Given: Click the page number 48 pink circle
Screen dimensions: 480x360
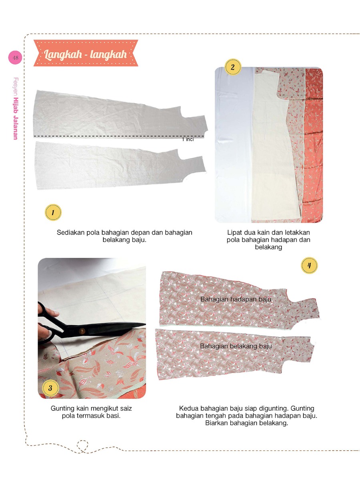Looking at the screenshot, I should point(15,58).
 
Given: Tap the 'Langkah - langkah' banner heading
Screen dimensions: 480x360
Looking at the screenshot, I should point(86,54).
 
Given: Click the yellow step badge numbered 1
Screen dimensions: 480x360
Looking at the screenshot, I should point(53,212).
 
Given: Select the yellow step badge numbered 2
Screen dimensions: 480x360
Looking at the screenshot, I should point(233,67).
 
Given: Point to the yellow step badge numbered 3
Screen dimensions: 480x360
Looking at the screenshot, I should point(50,388).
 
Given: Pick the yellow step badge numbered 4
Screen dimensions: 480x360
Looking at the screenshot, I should point(309,265).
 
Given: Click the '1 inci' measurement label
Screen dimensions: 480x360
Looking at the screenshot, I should point(188,140).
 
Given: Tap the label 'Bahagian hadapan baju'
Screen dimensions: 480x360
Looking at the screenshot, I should point(236,299).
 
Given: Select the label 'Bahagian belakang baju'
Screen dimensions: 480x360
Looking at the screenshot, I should point(236,346).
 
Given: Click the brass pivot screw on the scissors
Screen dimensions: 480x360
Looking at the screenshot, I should point(82,331).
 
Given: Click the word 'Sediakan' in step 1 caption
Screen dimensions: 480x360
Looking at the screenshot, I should point(70,232).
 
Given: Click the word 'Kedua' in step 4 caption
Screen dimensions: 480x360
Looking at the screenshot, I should point(188,409).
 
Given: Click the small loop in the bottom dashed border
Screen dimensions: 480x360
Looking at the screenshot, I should point(82,445).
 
